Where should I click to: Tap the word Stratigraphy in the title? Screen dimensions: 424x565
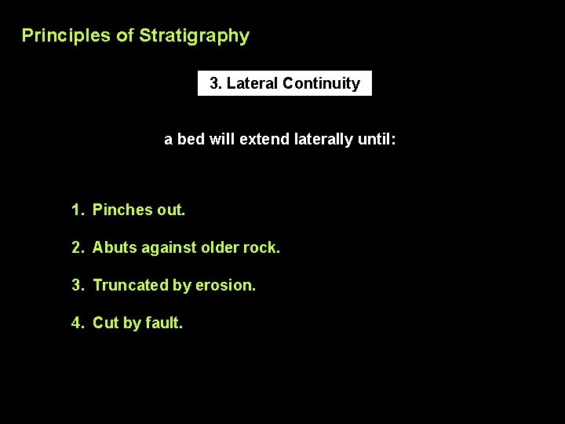pyautogui.click(x=194, y=35)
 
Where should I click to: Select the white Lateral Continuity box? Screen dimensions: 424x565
pyautogui.click(x=284, y=83)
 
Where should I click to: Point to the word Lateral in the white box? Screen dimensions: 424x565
pyautogui.click(x=252, y=83)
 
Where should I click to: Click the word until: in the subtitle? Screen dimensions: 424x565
pyautogui.click(x=377, y=140)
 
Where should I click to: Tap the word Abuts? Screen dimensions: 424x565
pyautogui.click(x=114, y=247)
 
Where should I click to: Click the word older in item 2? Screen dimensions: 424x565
pyautogui.click(x=219, y=247)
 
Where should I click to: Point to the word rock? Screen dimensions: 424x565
pyautogui.click(x=262, y=247)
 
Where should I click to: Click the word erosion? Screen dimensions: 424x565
pyautogui.click(x=226, y=285)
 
